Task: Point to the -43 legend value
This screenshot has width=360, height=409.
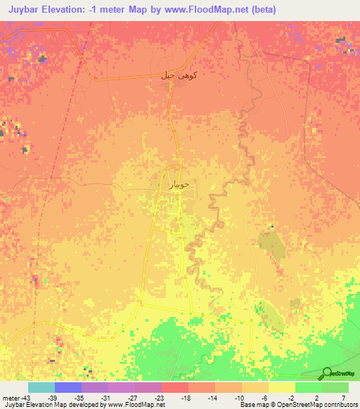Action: [20, 397]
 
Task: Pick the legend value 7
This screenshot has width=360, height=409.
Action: [344, 397]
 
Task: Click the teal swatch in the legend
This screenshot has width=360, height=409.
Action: [41, 387]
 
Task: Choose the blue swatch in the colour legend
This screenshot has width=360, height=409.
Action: [68, 387]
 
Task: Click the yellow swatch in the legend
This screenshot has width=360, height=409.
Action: [281, 387]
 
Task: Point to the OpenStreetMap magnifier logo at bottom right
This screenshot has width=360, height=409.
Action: [328, 373]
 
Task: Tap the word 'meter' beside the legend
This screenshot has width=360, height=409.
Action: [9, 397]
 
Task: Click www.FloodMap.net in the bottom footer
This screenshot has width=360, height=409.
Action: [141, 405]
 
